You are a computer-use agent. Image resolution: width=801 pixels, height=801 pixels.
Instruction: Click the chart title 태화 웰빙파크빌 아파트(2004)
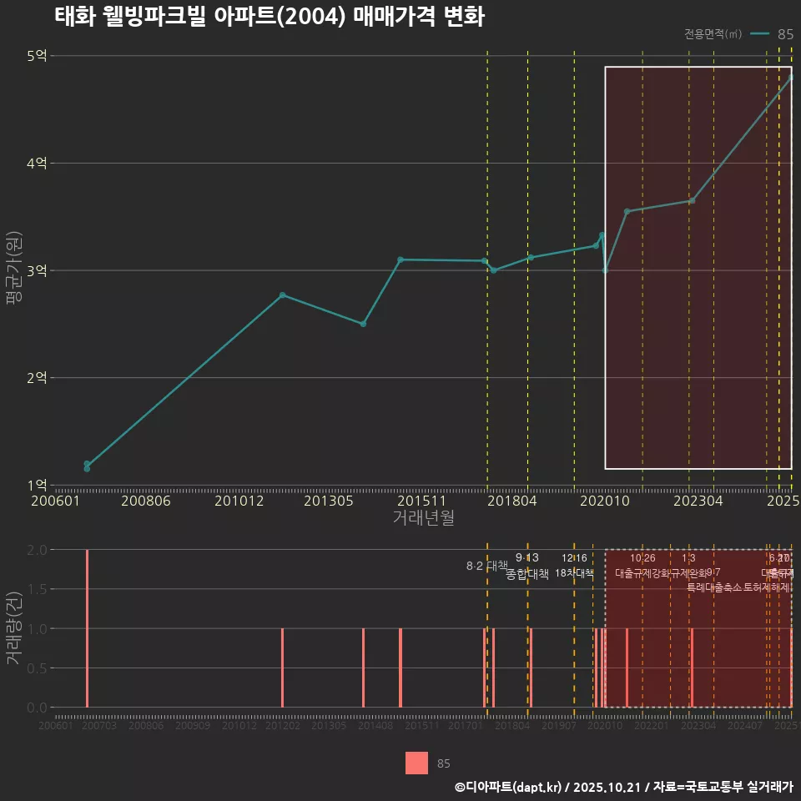pos(269,17)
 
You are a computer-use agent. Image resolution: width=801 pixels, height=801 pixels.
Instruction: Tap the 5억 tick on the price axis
pos(38,56)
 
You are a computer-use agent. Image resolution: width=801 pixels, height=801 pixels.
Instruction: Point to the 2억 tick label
pos(38,378)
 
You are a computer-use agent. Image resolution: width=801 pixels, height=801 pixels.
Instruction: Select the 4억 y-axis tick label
pos(38,164)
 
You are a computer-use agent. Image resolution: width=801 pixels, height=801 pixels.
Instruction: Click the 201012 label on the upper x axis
pos(239,501)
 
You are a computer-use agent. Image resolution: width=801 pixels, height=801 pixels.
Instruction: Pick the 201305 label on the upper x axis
pos(328,501)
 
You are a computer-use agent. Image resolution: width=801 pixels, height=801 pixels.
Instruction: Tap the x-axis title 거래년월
pos(423,518)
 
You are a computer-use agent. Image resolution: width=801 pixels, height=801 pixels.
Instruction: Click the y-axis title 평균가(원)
pos(12,270)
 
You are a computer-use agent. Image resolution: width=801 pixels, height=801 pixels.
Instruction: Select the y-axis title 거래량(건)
pos(12,628)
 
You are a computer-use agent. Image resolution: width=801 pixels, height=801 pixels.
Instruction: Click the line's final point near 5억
pos(791,78)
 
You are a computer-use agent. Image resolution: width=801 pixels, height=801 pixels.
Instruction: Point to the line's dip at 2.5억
pos(363,324)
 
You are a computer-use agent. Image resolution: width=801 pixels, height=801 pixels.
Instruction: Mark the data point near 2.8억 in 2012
pos(283,295)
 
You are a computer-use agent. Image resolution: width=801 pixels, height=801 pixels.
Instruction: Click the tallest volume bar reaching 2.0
pos(87,628)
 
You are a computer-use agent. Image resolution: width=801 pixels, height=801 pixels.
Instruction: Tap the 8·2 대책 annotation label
pos(486,566)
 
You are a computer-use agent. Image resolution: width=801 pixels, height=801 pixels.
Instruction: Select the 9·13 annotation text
pos(527,557)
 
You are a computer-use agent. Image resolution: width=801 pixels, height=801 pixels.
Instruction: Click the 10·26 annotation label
pos(642,557)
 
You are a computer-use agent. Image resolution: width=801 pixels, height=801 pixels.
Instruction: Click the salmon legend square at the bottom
pos(416,763)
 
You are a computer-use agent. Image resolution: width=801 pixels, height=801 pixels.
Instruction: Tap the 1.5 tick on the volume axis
pos(38,589)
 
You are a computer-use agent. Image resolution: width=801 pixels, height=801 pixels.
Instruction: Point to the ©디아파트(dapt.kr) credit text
pos(508,787)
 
